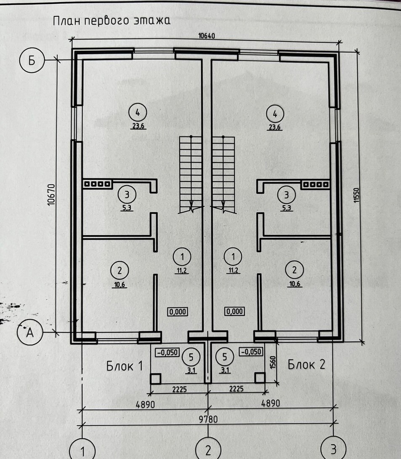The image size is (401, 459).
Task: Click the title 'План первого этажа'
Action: (x=112, y=21)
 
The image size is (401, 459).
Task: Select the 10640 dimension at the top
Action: (x=206, y=36)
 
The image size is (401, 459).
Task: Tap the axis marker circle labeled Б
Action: (x=32, y=61)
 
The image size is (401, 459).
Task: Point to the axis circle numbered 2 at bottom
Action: (x=207, y=449)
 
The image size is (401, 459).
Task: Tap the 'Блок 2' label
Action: (x=307, y=364)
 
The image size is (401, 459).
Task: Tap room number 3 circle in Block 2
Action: (x=287, y=195)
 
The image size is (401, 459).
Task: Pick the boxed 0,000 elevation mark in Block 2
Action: (x=235, y=312)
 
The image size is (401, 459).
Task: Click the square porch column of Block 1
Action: (x=155, y=379)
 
